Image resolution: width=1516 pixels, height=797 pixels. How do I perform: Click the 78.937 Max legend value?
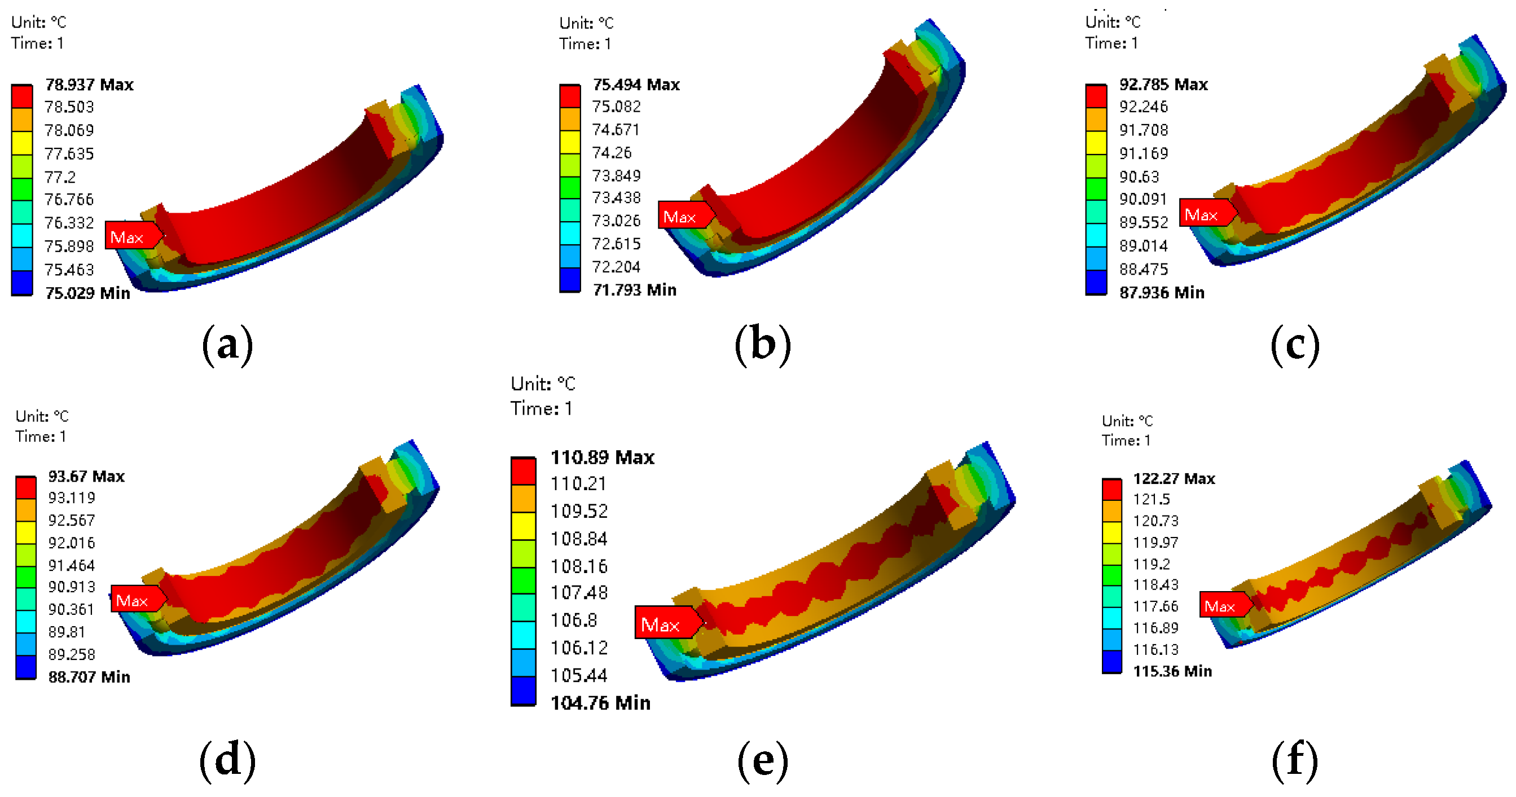[89, 85]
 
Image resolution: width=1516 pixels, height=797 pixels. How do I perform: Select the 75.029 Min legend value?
[87, 293]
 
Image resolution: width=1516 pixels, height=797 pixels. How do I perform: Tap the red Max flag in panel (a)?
[132, 236]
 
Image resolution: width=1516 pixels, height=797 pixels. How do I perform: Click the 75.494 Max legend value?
[636, 85]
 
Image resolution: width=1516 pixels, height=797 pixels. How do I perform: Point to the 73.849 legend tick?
[616, 175]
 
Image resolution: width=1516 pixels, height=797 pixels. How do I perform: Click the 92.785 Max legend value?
[1163, 85]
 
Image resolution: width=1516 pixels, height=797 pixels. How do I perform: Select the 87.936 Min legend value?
[1162, 292]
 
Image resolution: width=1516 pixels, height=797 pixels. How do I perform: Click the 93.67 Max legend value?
[86, 477]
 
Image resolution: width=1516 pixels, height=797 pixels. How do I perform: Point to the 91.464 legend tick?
[71, 565]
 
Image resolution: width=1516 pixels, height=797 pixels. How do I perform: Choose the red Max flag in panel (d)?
[136, 600]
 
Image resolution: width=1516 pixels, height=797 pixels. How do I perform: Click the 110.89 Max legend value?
[602, 457]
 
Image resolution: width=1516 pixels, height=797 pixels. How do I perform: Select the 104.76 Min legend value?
[600, 703]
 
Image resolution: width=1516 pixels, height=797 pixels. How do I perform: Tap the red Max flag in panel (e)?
[665, 623]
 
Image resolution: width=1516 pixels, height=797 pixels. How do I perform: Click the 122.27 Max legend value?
[1174, 479]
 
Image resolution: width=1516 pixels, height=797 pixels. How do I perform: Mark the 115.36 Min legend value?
[1172, 671]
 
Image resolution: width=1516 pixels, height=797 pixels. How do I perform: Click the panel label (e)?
[763, 760]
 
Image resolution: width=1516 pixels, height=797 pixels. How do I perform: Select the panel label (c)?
[1295, 345]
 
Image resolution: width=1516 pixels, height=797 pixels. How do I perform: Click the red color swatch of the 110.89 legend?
[523, 471]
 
